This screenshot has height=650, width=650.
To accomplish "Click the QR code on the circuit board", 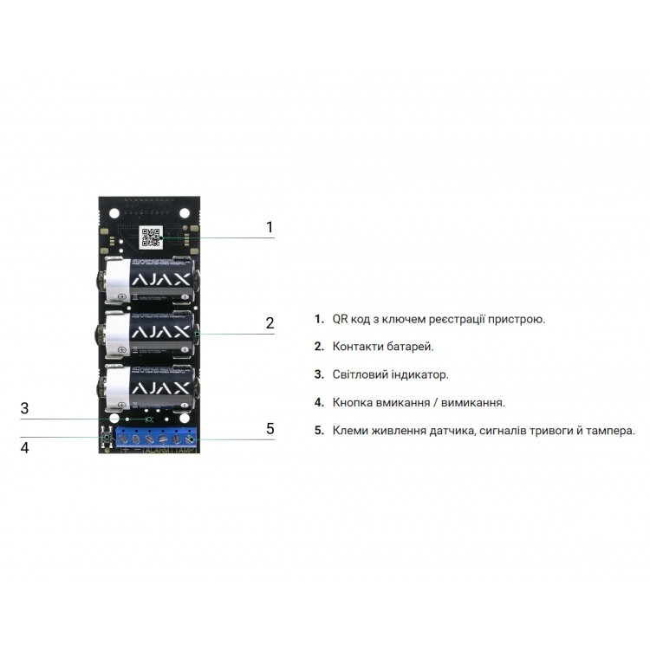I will pos(152,237).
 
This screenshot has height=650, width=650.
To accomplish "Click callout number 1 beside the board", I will pos(270,227).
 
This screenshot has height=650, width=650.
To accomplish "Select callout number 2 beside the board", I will pos(270,322).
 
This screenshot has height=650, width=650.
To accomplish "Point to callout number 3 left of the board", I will pos(25,408).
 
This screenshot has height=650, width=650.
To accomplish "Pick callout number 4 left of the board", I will pos(25,447).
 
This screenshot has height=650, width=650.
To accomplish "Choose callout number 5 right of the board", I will pos(270,428).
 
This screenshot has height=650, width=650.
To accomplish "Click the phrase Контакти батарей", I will pos(383,347).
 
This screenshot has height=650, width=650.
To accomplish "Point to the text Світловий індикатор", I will pos(390,374).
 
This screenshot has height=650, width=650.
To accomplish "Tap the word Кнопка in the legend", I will pos(353,402).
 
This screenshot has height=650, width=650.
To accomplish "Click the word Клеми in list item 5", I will pos(351,430).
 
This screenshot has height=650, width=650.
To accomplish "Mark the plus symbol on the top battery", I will pos(122,297).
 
